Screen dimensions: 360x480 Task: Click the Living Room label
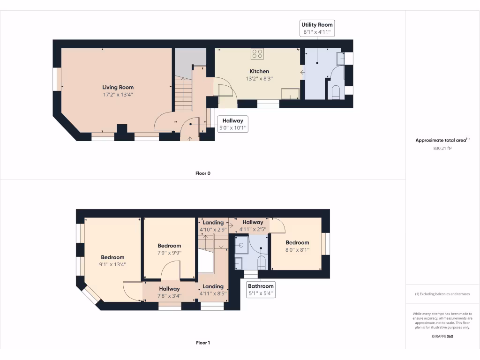118,87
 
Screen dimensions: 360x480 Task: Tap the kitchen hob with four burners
257,53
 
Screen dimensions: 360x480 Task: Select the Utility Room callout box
317,28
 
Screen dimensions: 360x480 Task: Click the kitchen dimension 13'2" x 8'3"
259,79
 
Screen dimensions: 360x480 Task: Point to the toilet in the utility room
335,91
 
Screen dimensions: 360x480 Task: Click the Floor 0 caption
202,173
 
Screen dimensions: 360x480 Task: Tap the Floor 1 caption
202,343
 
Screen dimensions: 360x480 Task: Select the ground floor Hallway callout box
232,124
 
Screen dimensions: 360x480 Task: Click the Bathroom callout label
261,290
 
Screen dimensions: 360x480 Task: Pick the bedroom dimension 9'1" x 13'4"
112,264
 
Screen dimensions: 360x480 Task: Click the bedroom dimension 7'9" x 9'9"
169,253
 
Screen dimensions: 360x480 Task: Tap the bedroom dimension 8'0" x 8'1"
297,249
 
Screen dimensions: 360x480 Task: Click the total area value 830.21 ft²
442,148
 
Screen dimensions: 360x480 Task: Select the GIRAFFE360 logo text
442,336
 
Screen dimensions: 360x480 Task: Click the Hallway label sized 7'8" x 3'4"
169,292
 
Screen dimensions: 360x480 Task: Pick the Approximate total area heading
442,140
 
